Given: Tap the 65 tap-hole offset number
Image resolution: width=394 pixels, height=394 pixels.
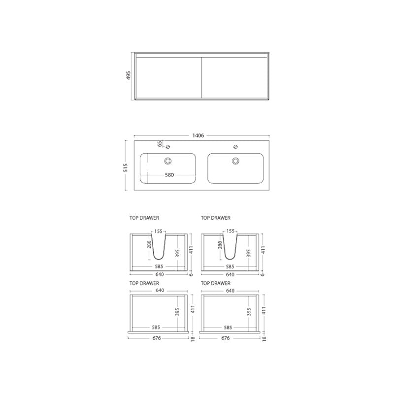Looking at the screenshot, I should [x=160, y=144].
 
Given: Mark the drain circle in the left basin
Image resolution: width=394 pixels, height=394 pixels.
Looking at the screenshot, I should [x=168, y=161].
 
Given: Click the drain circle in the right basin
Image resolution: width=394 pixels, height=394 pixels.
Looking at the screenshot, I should [x=236, y=161].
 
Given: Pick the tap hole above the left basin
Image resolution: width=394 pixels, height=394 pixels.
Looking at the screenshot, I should [x=168, y=147].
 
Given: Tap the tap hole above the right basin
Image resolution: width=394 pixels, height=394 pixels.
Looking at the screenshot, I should [x=236, y=147].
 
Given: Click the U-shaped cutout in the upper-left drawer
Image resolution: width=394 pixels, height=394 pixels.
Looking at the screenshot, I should [x=159, y=249].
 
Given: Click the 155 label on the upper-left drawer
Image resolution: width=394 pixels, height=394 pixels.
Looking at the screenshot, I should [x=159, y=231].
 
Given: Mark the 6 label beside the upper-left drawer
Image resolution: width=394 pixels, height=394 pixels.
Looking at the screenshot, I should [x=191, y=274].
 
